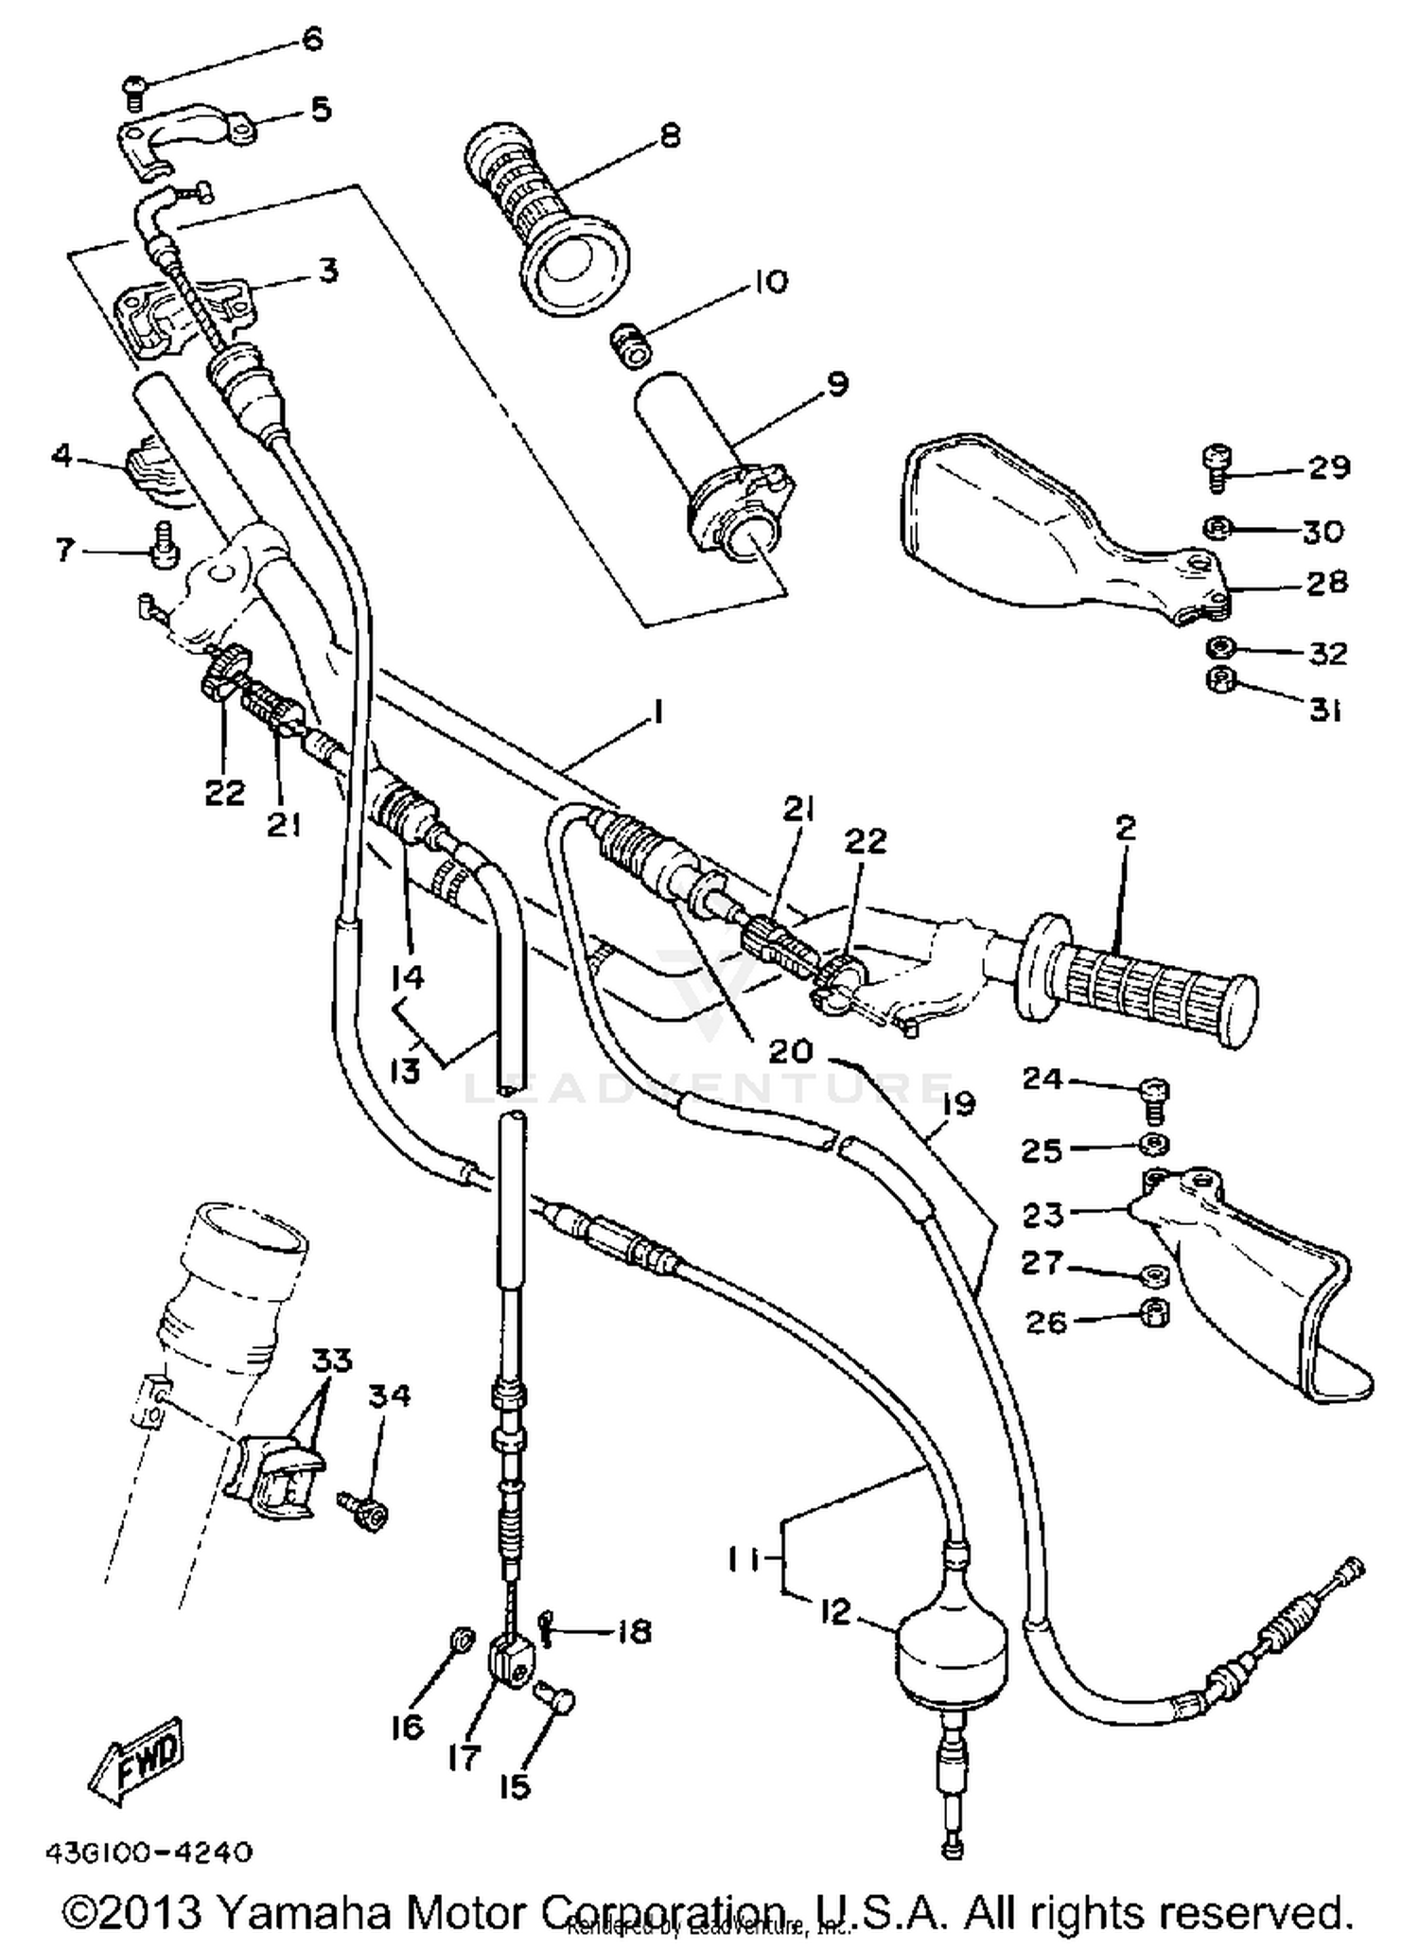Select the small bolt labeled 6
tap(134, 92)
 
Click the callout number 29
tap(1329, 466)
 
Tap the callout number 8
tap(670, 136)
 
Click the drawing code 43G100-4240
tap(148, 1851)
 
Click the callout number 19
tap(958, 1104)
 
